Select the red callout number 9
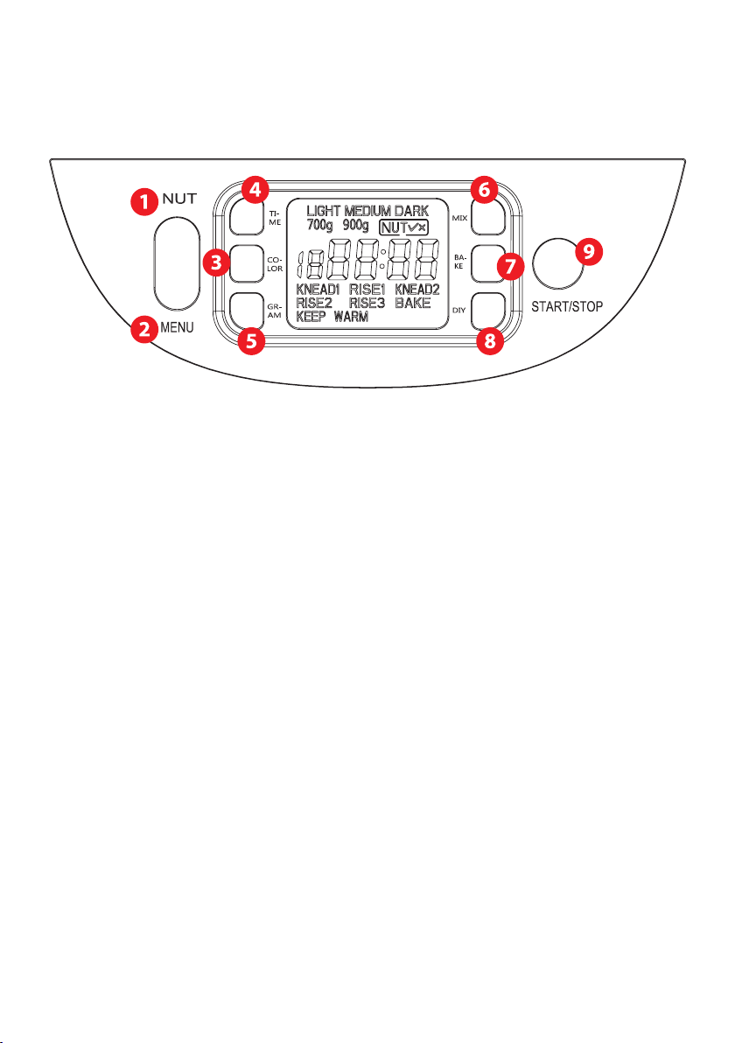point(589,252)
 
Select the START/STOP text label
point(567,307)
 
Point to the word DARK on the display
point(404,213)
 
